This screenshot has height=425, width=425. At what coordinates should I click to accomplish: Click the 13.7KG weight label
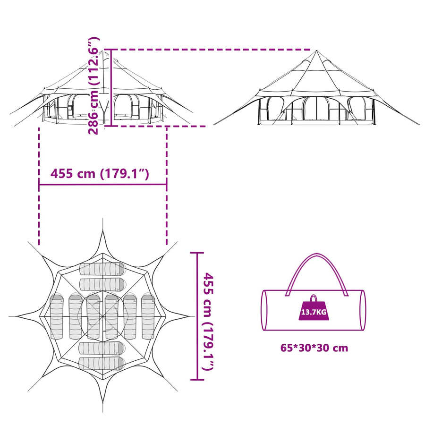click(314, 312)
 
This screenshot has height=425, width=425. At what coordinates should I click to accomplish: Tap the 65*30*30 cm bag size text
click(314, 348)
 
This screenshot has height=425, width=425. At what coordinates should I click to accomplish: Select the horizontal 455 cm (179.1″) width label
click(100, 173)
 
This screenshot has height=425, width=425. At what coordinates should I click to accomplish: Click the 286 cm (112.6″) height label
click(94, 85)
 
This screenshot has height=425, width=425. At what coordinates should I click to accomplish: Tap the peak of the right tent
click(316, 51)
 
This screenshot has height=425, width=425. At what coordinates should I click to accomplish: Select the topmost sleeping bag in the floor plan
click(102, 269)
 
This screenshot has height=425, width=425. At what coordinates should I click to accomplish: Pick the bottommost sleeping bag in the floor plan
click(102, 364)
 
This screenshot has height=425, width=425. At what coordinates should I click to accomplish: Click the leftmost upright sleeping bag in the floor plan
click(56, 317)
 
